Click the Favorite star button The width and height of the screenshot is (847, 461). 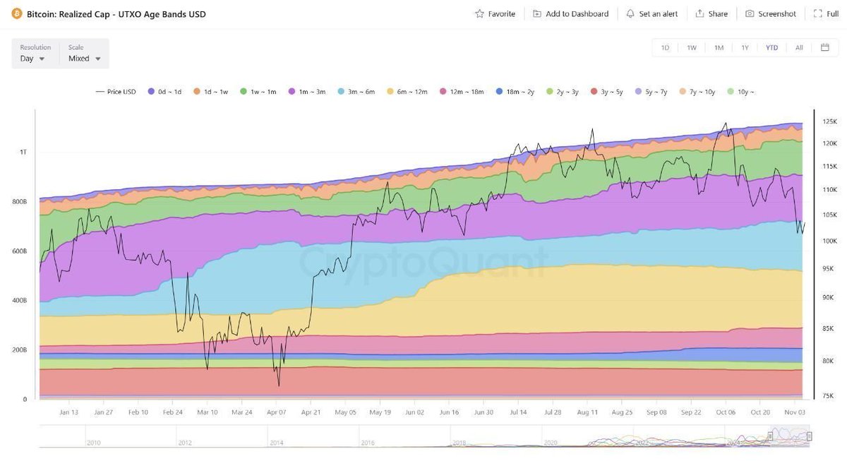(x=495, y=13)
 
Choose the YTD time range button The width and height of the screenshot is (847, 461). (x=771, y=47)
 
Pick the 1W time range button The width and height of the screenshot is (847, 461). (x=692, y=47)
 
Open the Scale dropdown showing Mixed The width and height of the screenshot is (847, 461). (x=85, y=59)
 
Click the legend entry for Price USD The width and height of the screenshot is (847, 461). (x=116, y=92)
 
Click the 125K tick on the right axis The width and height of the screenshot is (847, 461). (x=830, y=121)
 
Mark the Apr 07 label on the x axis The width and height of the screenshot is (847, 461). (x=276, y=412)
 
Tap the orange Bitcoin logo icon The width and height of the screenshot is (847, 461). (x=17, y=14)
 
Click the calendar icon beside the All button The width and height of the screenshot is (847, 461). (x=824, y=47)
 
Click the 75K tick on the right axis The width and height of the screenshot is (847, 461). (x=829, y=396)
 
